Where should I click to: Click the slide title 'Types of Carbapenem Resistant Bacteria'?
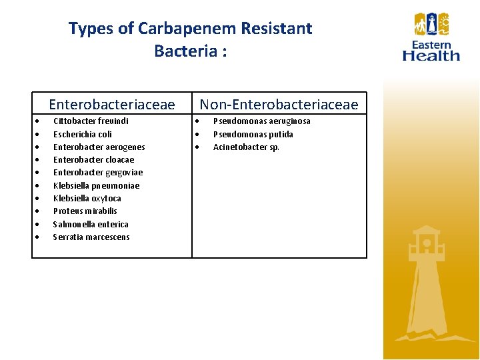coord(190,39)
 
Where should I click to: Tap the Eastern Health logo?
coord(431,37)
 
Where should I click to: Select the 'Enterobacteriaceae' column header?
coord(112,104)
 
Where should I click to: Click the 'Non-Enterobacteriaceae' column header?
coord(279,104)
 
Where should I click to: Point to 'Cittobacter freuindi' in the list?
coord(91,121)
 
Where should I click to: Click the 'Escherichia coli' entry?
coord(83,134)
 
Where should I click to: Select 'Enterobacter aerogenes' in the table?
coord(99,147)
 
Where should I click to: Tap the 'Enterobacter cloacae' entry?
coord(93,160)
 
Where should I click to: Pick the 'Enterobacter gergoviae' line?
coord(98,173)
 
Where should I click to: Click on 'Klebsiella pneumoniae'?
coord(97,186)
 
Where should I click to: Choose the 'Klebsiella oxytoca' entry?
coord(87,199)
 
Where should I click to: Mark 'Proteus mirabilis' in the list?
coord(85,211)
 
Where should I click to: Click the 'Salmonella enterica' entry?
coord(91,225)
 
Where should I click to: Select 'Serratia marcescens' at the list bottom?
coord(91,237)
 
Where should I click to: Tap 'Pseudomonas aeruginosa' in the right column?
coord(261,121)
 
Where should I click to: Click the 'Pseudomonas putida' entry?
coord(253,134)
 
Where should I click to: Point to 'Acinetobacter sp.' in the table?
coord(246,147)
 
